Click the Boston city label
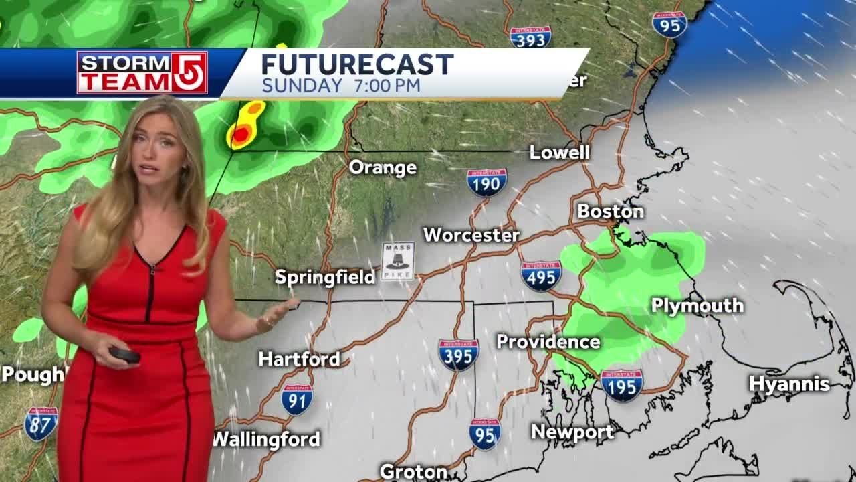pos(611,212)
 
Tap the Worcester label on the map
pos(471,235)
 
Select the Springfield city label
pos(325,276)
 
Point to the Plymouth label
pos(697,306)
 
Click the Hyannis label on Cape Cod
pos(788,384)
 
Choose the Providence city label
pos(548,342)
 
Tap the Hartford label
pos(299,359)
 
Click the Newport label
pos(572,432)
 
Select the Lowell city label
pos(559,153)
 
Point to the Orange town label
pos(383,167)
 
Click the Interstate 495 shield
pos(541,276)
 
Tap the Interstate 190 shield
pos(487,182)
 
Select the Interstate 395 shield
pos(458,355)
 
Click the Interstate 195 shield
pos(621,385)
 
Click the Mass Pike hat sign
pos(398,261)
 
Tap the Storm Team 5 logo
pos(142,72)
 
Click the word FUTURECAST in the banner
pos(357,65)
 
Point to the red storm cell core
pos(239,135)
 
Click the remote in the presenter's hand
pos(124,355)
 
